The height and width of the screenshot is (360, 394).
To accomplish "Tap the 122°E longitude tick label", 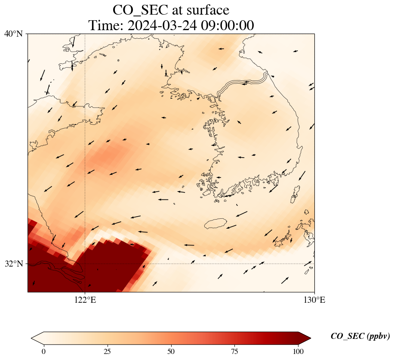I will pos(85,300).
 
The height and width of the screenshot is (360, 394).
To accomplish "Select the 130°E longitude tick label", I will pos(314,300).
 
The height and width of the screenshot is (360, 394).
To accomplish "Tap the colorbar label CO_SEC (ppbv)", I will pos(360,336).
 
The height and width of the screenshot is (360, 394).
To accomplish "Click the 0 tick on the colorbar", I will pos(43,351).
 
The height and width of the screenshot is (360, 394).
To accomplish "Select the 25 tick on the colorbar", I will pos(107,351).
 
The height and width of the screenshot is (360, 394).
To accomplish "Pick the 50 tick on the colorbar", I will pos(171,351).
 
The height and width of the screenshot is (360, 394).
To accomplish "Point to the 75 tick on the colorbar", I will pos(235,351).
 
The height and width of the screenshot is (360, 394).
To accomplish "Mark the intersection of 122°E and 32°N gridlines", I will pos(85,264).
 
